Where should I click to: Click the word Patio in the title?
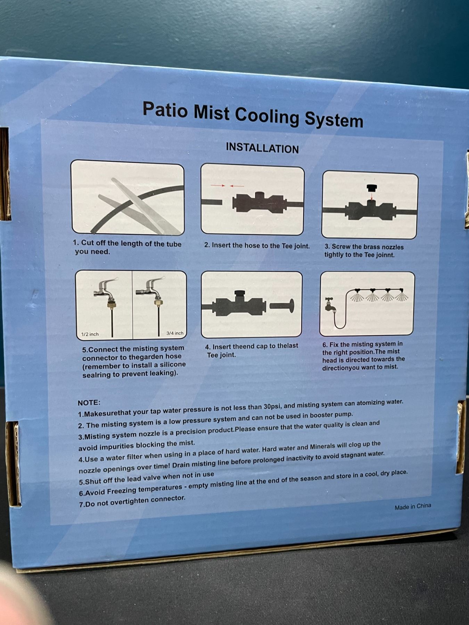(165, 109)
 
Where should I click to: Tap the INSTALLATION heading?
(262, 148)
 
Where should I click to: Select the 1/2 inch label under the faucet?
(90, 334)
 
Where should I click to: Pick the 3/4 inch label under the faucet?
(175, 333)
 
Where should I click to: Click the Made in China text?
(413, 507)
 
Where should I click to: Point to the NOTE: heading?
(89, 403)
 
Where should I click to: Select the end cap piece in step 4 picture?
(282, 306)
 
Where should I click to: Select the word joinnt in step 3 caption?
(385, 255)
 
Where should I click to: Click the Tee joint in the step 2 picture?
(260, 202)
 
